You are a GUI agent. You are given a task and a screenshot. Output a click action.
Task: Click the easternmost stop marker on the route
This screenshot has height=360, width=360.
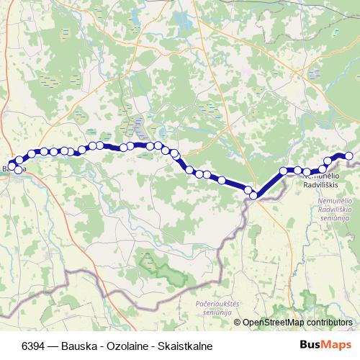[x=349, y=156]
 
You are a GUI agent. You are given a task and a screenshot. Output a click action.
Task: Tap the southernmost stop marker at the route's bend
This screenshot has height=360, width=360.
[x=253, y=195]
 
